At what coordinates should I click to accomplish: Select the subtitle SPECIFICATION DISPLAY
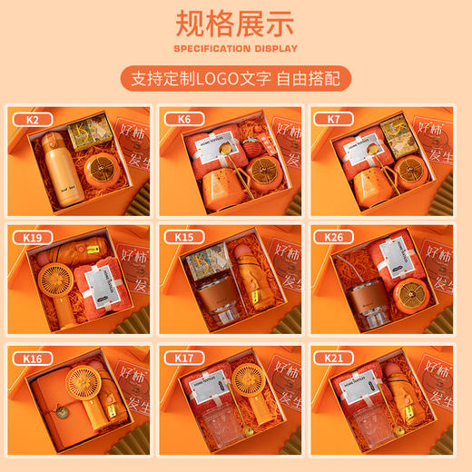coord(235,48)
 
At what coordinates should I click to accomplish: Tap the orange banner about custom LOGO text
coord(235,78)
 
